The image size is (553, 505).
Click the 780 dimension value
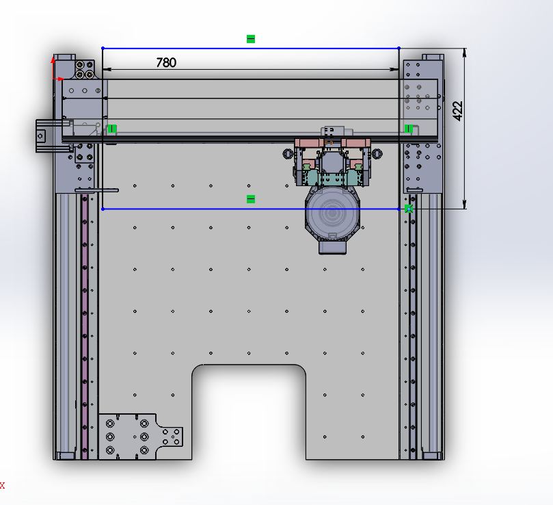165,62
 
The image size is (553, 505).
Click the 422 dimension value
457,111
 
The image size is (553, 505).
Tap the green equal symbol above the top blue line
251,39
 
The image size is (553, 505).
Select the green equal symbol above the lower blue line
251,199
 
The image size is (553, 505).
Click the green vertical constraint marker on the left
112,129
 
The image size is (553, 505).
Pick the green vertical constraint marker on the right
409,129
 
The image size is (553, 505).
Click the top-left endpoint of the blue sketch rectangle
103,48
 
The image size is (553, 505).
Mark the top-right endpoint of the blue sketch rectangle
399,48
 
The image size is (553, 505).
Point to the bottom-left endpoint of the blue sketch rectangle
103,209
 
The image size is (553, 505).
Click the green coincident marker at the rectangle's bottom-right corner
409,209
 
